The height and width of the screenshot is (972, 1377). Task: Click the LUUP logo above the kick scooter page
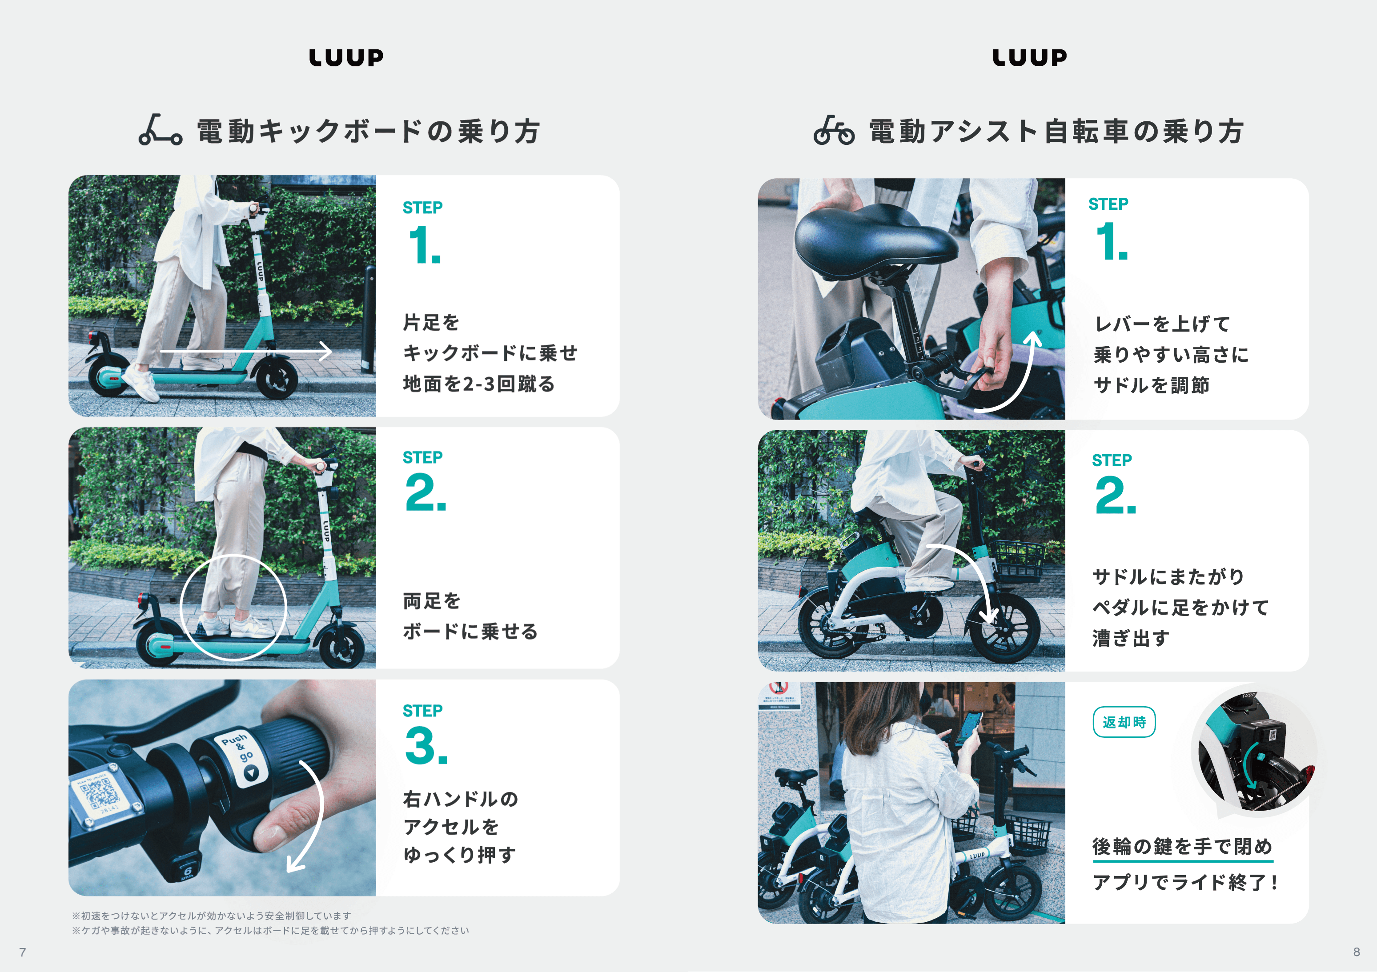point(346,58)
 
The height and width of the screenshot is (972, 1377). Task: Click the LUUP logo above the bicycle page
point(1030,58)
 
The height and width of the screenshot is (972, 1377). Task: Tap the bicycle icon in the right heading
point(834,130)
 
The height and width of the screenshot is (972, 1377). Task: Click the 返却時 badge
point(1124,722)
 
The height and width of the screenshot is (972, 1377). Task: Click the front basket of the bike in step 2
point(1020,560)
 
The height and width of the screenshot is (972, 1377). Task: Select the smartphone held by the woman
point(968,728)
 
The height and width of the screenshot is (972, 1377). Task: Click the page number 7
point(23,952)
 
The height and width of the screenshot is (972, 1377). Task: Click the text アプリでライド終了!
point(1185,882)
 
